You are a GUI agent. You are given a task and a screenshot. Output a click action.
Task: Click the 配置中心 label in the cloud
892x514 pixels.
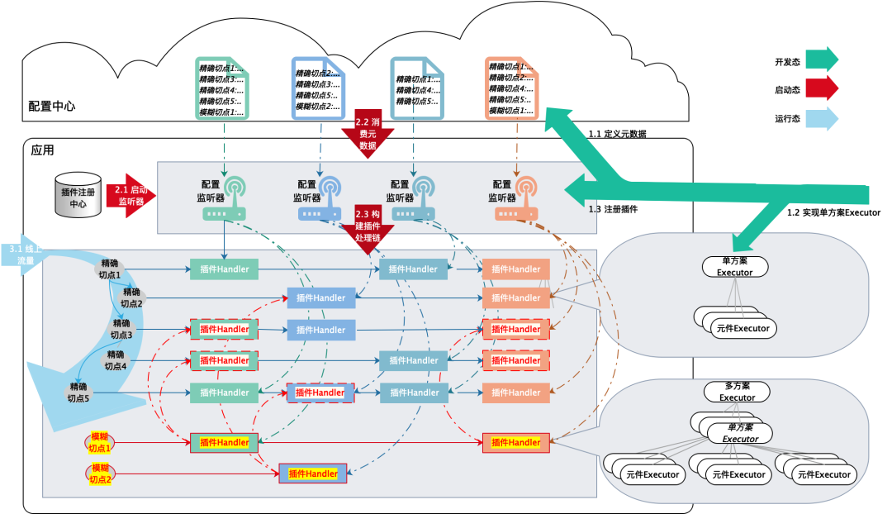coord(52,106)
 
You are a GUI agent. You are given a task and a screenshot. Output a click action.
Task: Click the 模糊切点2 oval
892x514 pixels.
coord(101,474)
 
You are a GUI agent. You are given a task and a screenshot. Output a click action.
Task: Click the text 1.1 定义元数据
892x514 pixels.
coord(617,134)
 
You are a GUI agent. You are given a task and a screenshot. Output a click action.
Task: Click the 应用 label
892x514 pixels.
coord(42,150)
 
